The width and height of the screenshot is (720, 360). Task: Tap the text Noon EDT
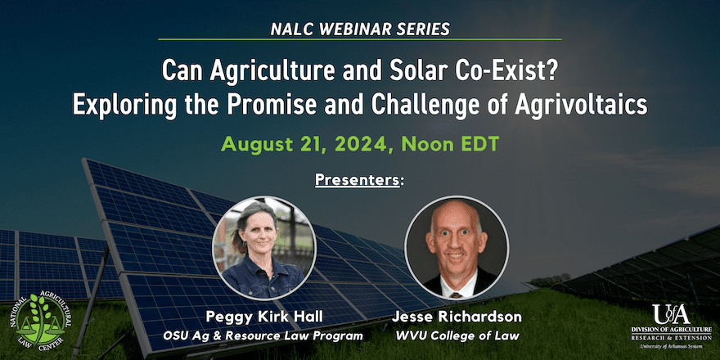451,144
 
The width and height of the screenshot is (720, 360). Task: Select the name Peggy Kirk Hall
263,317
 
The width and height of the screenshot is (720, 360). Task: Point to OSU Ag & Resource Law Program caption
263,336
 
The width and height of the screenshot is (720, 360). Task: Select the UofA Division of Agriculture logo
672,326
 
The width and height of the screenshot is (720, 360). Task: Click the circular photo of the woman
264,249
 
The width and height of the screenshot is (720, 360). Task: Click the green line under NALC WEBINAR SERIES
359,39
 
